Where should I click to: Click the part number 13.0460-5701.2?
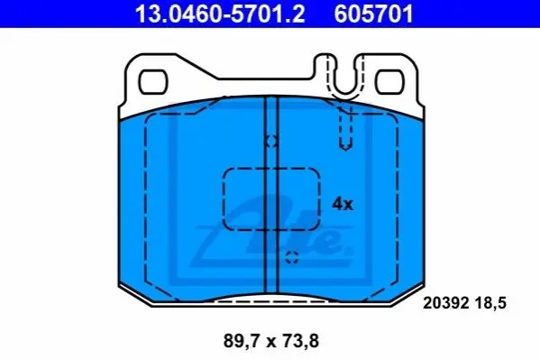pyautogui.click(x=220, y=14)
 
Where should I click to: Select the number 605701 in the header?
pyautogui.click(x=373, y=14)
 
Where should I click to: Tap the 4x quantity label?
pyautogui.click(x=343, y=204)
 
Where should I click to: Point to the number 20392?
pyautogui.click(x=446, y=303)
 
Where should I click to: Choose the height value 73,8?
pyautogui.click(x=300, y=341)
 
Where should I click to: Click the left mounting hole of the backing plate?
pyautogui.click(x=153, y=82)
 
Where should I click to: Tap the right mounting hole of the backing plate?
pyautogui.click(x=389, y=82)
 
